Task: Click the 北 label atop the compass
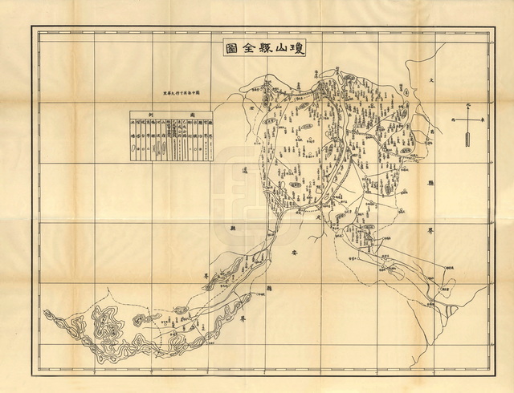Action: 468,103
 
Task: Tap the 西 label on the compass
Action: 453,120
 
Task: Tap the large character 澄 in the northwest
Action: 249,105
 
